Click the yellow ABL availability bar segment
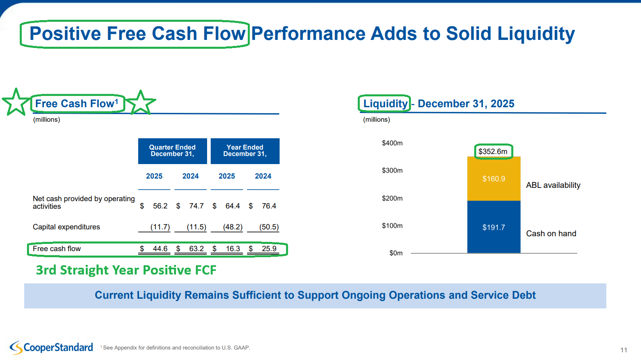pyautogui.click(x=494, y=179)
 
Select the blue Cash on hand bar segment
pyautogui.click(x=494, y=227)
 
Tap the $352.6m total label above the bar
pyautogui.click(x=493, y=152)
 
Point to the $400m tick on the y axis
pyautogui.click(x=392, y=143)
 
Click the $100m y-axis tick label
pyautogui.click(x=392, y=226)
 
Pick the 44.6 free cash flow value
pyautogui.click(x=160, y=249)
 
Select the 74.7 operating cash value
pyautogui.click(x=196, y=206)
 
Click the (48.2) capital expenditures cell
pyautogui.click(x=232, y=227)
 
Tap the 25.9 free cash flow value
pyautogui.click(x=269, y=249)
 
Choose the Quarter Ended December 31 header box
pyautogui.click(x=172, y=151)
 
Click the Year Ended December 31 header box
pyautogui.click(x=245, y=151)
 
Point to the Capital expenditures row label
pyautogui.click(x=66, y=227)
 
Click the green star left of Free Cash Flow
pyautogui.click(x=16, y=102)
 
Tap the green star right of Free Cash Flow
pyautogui.click(x=141, y=102)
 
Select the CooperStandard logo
pyautogui.click(x=52, y=347)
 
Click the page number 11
pyautogui.click(x=624, y=350)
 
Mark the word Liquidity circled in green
pyautogui.click(x=385, y=104)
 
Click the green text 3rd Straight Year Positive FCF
pyautogui.click(x=126, y=270)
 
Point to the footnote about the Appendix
pyautogui.click(x=176, y=348)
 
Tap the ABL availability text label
pyautogui.click(x=553, y=185)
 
